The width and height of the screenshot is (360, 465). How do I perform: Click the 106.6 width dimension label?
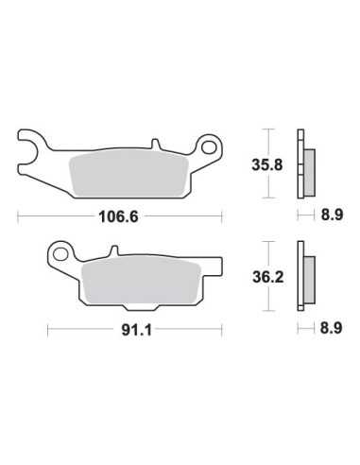pos(118,216)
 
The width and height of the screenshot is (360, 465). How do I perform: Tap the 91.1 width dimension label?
pos(137,330)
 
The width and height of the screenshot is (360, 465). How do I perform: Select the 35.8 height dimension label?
pos(267,164)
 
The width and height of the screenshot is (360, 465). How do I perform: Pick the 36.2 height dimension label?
pos(268,277)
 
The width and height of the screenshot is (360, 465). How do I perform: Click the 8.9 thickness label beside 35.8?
pos(332,215)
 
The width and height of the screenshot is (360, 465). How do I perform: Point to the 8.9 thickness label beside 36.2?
pos(331,328)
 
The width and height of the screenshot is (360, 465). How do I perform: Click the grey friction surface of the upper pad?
pos(129,175)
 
